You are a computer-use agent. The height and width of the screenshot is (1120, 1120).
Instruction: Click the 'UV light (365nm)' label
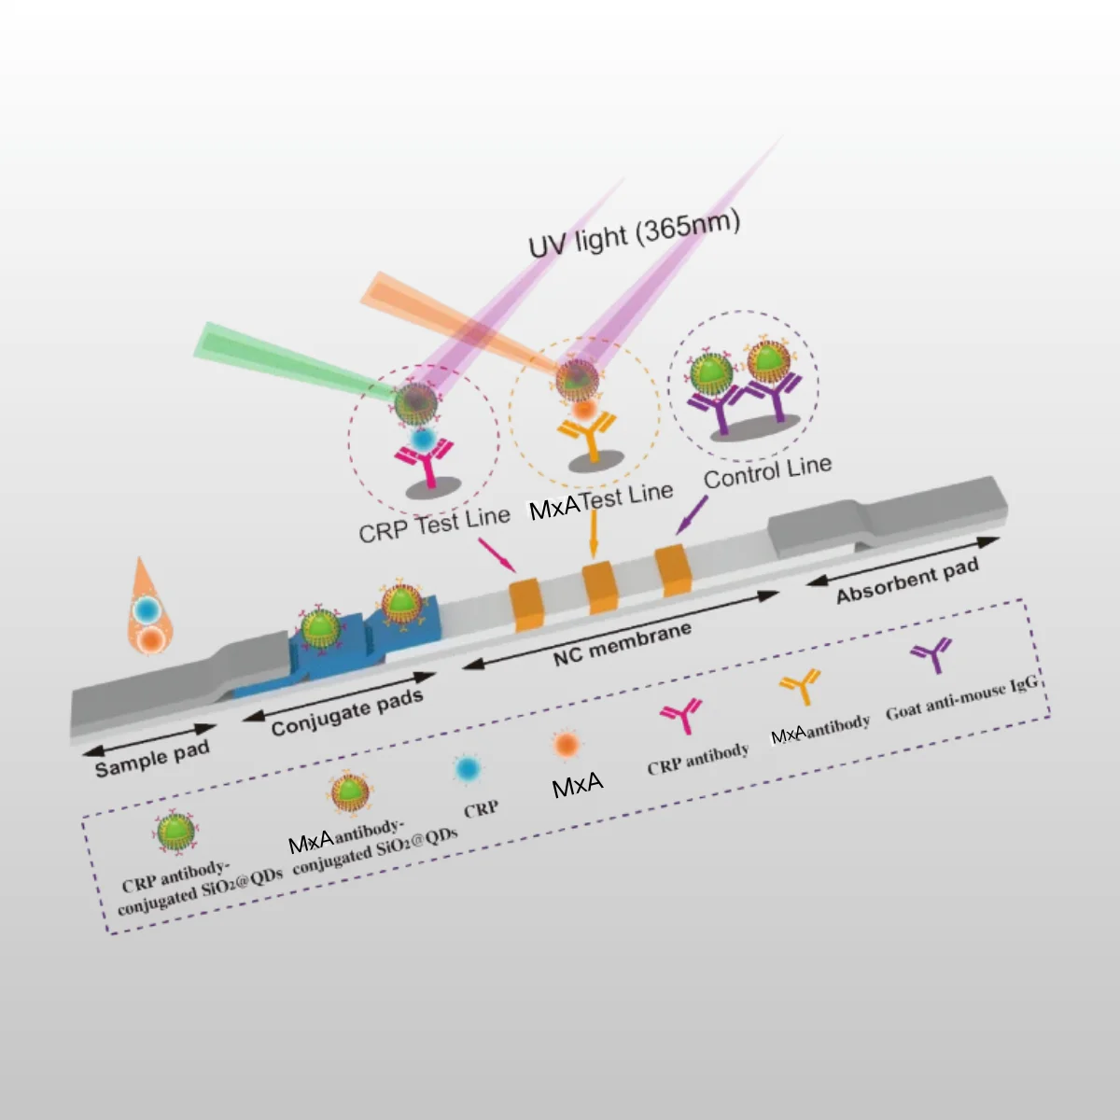coord(634,234)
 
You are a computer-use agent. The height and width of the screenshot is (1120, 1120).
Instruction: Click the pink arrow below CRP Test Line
coord(495,553)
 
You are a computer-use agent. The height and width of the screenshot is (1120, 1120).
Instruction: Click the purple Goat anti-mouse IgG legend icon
coord(931,655)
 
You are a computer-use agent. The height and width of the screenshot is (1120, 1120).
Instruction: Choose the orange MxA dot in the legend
coord(567,744)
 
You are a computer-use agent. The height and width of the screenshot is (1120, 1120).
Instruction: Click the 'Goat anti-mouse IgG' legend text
coord(961,697)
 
